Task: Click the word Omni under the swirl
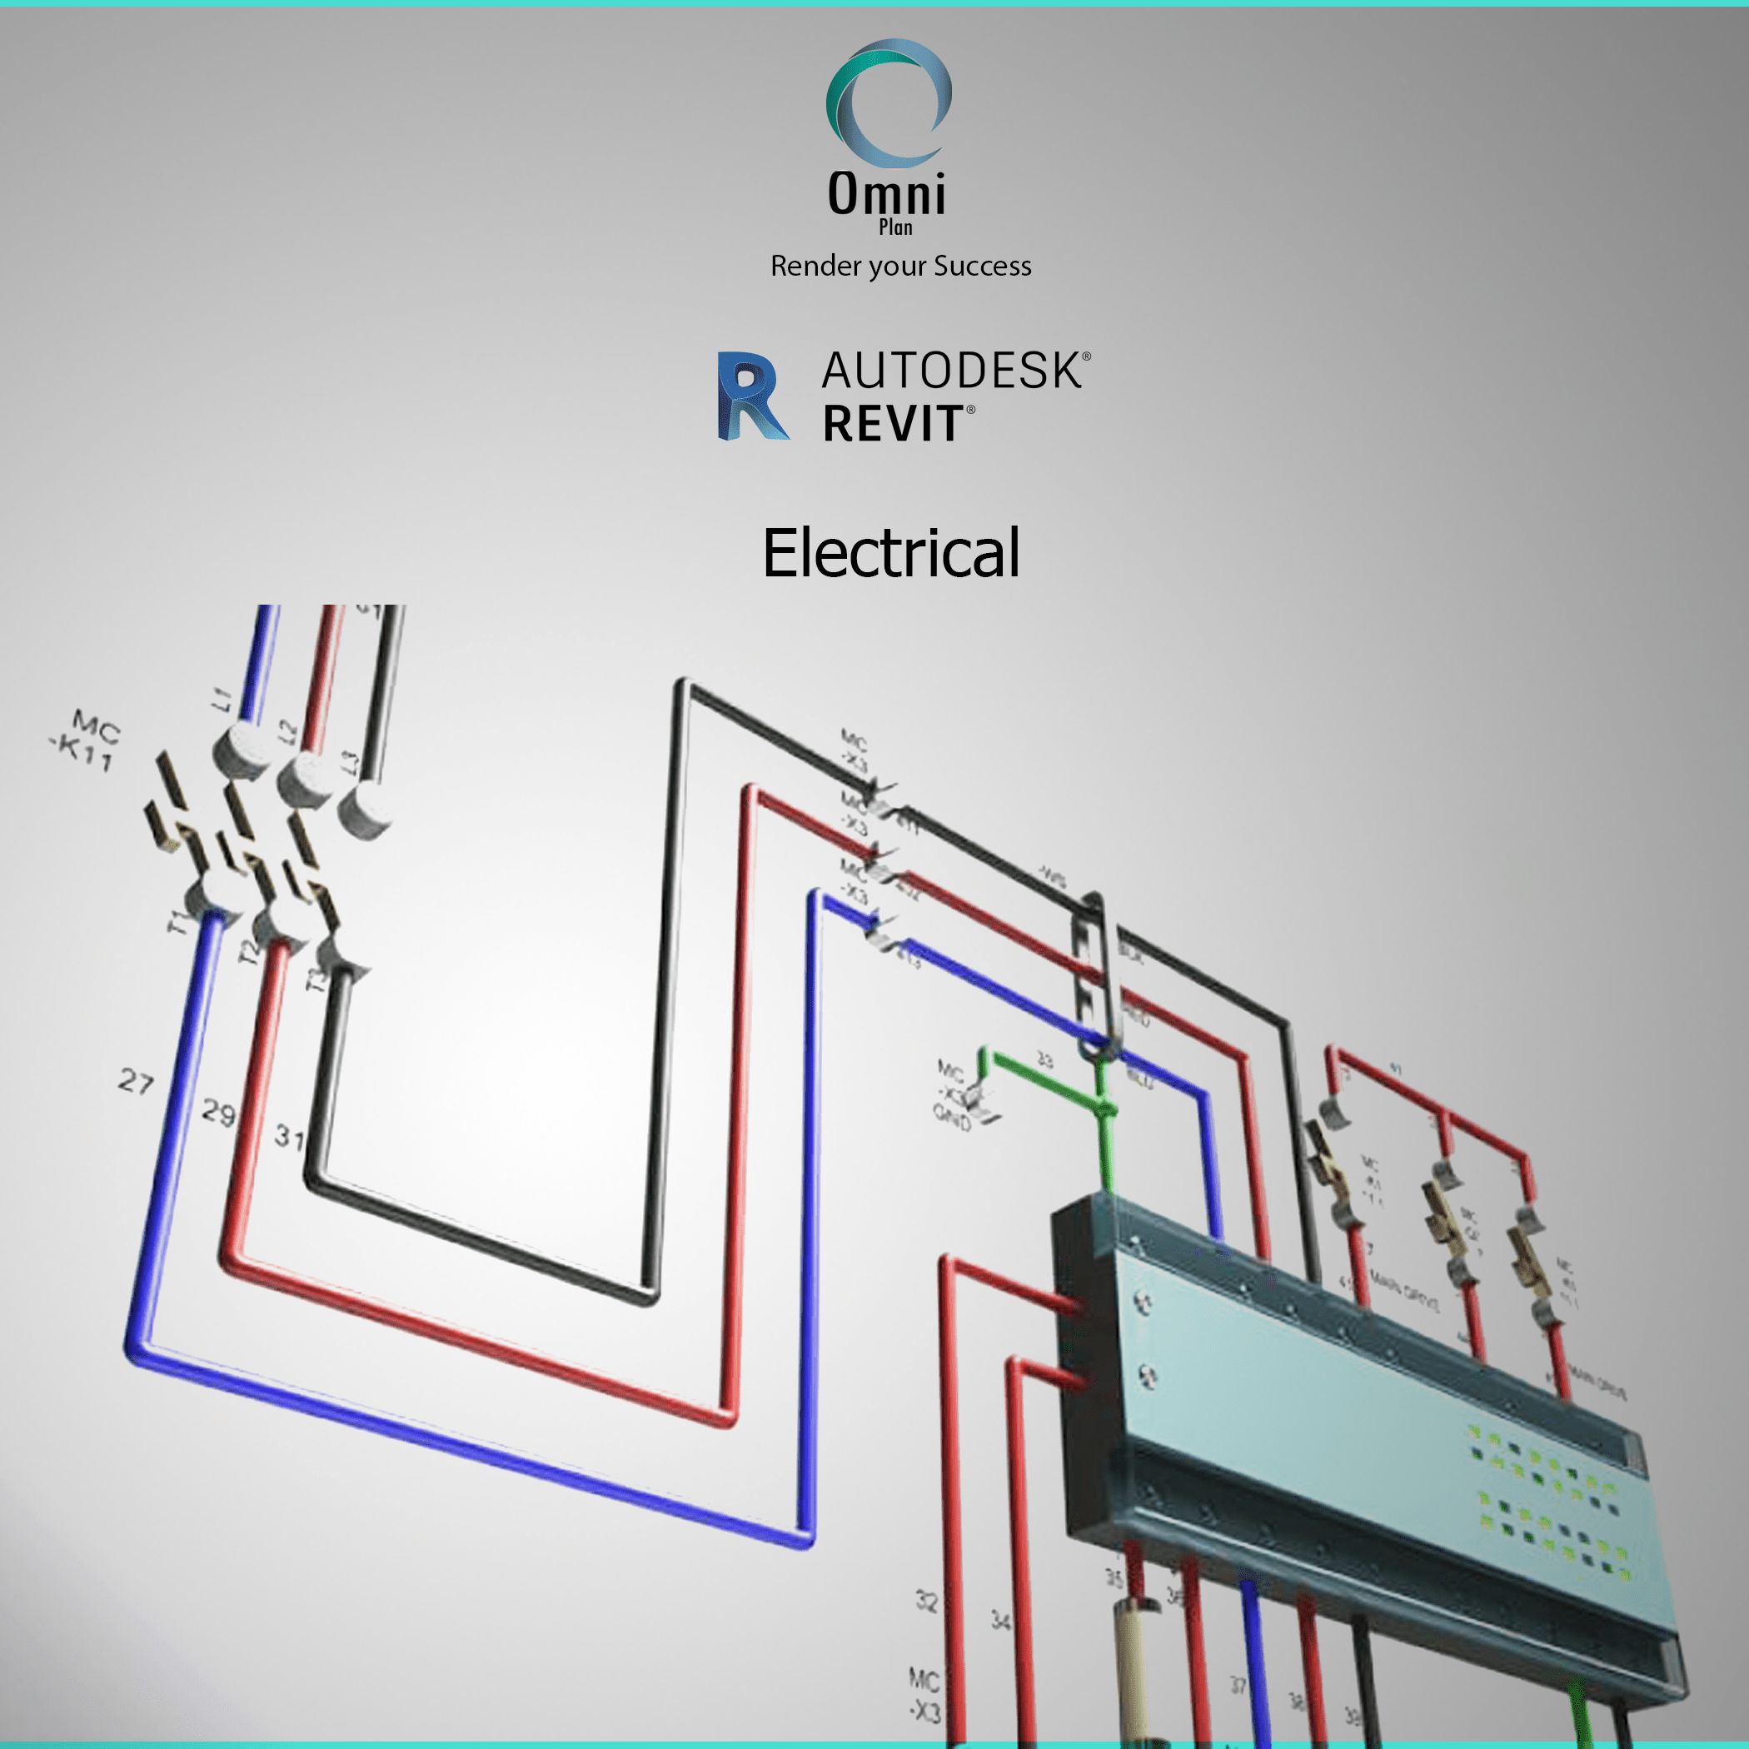(886, 194)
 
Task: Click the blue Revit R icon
(750, 396)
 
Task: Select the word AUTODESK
(950, 371)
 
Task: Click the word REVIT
(893, 425)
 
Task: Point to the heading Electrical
(891, 553)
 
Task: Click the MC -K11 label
(87, 740)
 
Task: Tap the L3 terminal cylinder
(365, 809)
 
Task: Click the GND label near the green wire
(952, 1119)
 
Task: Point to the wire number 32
(926, 1601)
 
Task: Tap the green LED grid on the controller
(1548, 1502)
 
